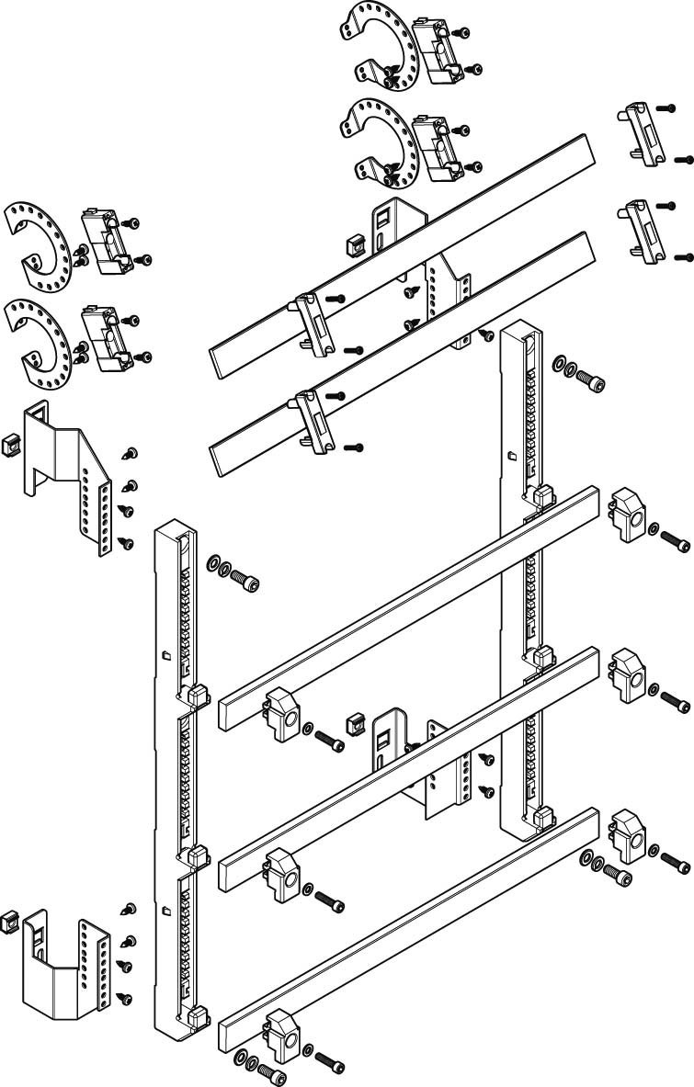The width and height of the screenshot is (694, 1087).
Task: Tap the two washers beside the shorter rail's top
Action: [563, 368]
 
